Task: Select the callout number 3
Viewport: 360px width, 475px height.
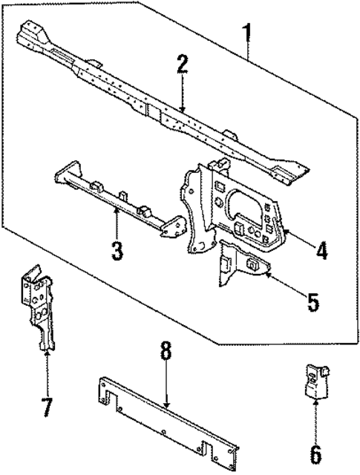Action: point(117,249)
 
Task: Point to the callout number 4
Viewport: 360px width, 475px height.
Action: point(321,250)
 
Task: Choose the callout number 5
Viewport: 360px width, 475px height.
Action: point(312,303)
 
